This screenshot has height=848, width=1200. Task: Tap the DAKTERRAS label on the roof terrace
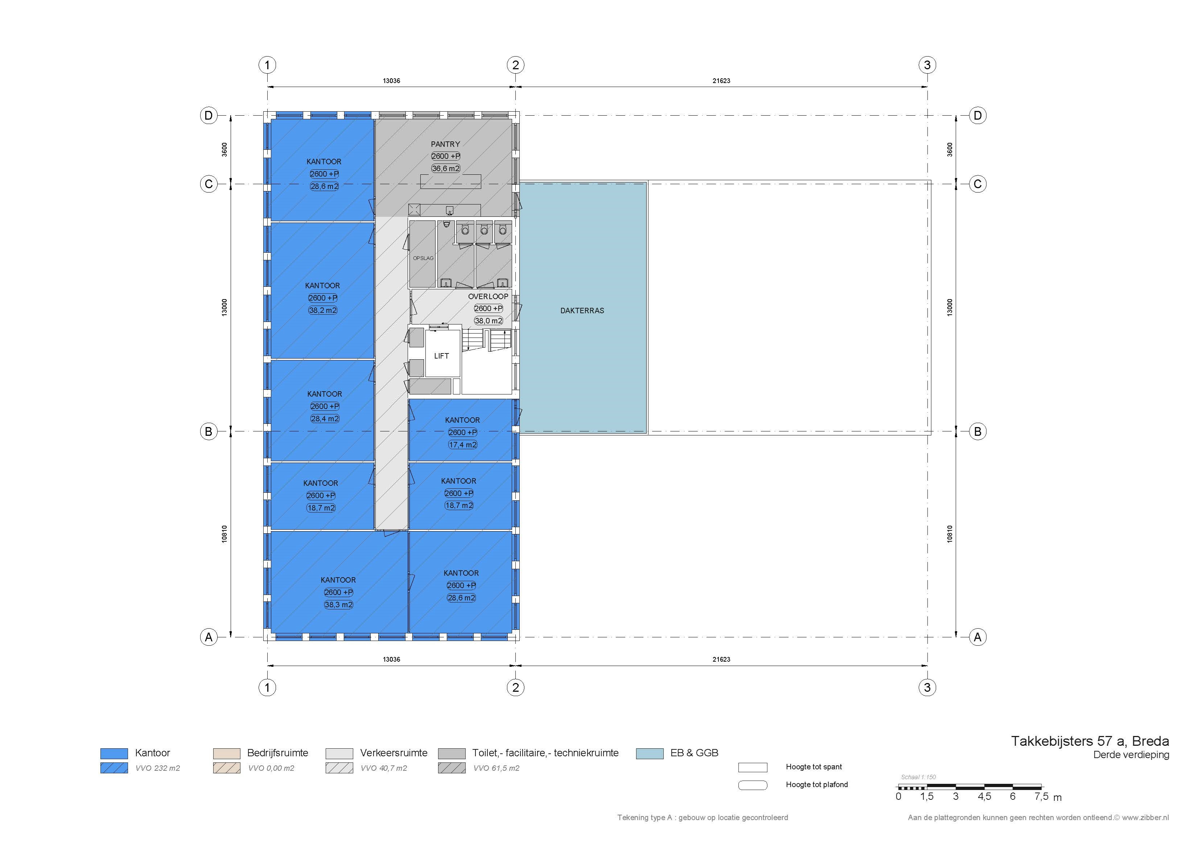(582, 310)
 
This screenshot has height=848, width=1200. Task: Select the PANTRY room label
(445, 144)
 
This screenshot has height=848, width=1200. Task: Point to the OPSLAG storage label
(423, 258)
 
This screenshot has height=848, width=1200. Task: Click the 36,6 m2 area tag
(445, 168)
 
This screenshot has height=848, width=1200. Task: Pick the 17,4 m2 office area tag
(462, 444)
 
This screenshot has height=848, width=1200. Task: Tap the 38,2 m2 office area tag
(322, 310)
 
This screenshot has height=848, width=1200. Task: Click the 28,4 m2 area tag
(325, 418)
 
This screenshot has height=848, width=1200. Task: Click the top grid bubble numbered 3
(927, 65)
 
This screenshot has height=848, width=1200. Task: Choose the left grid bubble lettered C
(209, 184)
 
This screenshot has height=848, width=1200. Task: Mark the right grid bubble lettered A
(977, 637)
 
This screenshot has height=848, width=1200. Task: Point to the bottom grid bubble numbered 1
(267, 687)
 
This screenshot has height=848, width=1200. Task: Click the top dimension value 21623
(721, 81)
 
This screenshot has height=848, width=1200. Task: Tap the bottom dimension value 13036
(391, 659)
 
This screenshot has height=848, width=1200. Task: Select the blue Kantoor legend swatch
(114, 753)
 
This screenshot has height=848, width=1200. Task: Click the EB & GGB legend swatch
(650, 753)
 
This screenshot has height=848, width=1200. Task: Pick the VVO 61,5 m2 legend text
(496, 768)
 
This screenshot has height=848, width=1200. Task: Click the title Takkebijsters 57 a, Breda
(1090, 741)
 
